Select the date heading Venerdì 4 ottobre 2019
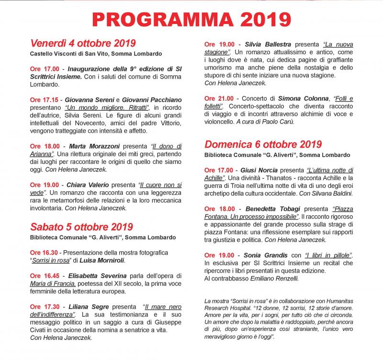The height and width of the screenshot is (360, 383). tap(83, 43)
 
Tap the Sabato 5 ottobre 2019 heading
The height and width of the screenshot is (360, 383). tap(81, 227)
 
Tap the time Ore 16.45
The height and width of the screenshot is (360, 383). tap(45, 276)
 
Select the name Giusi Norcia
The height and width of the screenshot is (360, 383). tap(266, 170)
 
